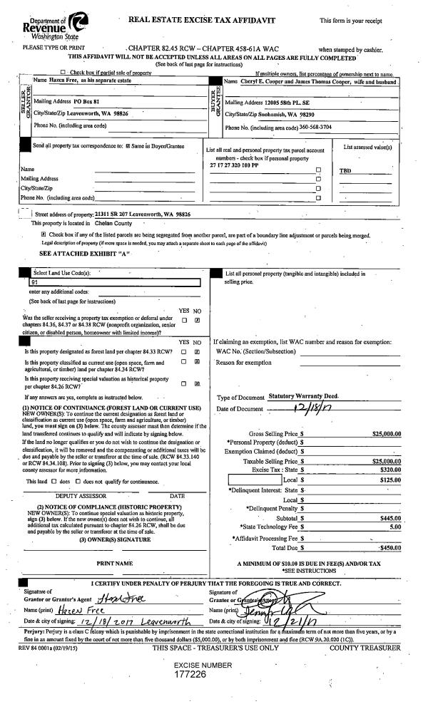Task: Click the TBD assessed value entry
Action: [346, 171]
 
